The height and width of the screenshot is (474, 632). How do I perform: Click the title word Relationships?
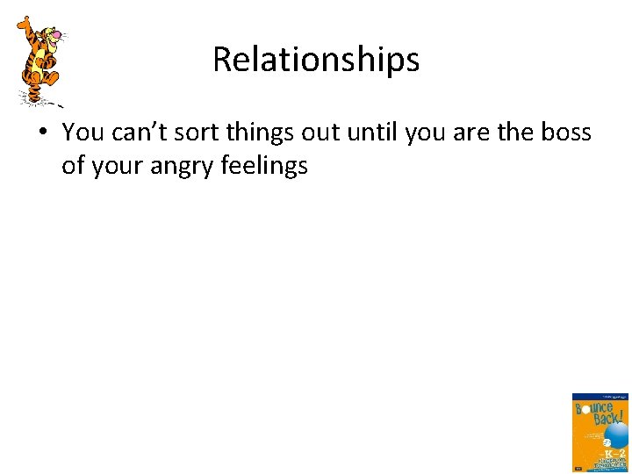tap(316, 60)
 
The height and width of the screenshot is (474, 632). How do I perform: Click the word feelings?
tap(262, 166)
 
